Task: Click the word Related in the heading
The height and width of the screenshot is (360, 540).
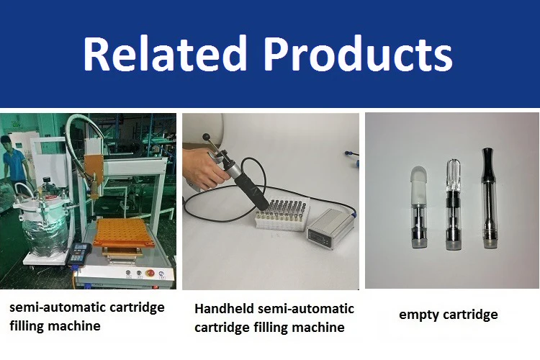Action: (x=165, y=53)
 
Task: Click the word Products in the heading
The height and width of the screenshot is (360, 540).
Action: (x=358, y=53)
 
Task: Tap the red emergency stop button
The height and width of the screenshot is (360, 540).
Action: (x=150, y=273)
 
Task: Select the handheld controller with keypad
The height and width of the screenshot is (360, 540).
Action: (x=78, y=254)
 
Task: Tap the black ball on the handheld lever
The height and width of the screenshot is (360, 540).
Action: (x=207, y=137)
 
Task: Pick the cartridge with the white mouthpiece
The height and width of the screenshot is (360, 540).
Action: (x=420, y=208)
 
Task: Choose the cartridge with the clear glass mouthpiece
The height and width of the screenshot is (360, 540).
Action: (x=453, y=204)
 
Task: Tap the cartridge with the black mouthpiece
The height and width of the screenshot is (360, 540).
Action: (x=489, y=198)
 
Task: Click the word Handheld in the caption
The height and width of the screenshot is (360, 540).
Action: (x=224, y=308)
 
